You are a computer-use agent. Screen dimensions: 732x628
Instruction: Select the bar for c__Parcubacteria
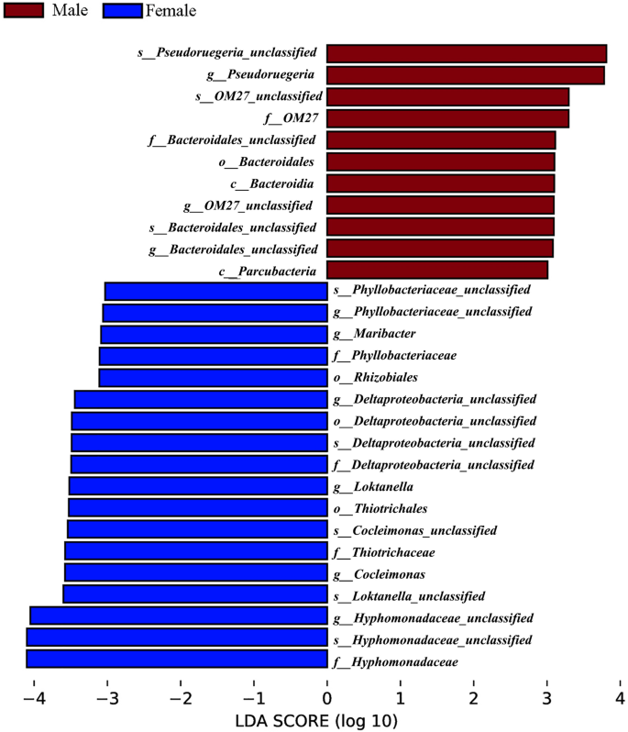click(436, 270)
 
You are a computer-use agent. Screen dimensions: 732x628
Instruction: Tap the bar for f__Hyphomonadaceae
click(176, 659)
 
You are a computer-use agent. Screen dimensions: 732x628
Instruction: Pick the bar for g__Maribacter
click(214, 334)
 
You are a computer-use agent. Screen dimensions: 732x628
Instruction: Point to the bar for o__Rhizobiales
click(213, 377)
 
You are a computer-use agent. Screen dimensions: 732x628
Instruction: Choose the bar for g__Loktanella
click(197, 486)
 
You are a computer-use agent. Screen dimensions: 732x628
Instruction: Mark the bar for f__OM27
click(447, 117)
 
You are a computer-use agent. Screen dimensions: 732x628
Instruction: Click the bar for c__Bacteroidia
click(440, 183)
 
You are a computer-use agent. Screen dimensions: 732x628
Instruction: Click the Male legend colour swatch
click(28, 11)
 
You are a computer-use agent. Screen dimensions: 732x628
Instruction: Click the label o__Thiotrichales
click(381, 508)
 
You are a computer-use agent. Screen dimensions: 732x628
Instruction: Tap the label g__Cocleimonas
click(379, 574)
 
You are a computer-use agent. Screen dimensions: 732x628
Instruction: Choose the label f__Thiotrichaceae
click(383, 552)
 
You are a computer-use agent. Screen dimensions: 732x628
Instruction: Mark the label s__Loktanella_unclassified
click(409, 596)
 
